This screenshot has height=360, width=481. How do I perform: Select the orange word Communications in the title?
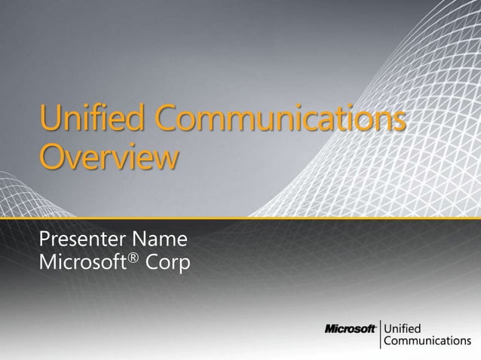point(280,121)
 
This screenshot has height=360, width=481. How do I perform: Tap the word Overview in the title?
point(110,159)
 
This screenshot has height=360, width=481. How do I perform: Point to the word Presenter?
point(82,243)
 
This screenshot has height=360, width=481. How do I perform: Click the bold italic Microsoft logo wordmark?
point(351,329)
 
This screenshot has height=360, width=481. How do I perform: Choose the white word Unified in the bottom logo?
point(404,328)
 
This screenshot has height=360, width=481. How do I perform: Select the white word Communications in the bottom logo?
point(427,341)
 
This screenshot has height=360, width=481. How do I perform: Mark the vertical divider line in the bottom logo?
point(381,334)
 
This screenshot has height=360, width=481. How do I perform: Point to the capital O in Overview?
point(52,159)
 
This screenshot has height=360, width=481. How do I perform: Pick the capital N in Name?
point(139,243)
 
